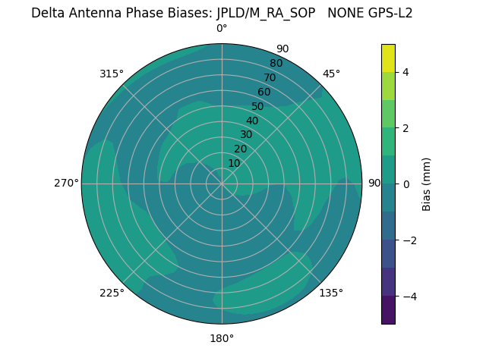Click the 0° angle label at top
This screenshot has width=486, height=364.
[222, 29]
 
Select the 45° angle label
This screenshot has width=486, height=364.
[331, 74]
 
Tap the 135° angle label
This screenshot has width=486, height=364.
[331, 293]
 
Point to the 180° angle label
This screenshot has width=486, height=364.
[222, 338]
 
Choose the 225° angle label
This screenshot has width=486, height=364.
[112, 293]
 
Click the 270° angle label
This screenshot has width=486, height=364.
[66, 183]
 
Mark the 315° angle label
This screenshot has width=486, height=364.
[112, 74]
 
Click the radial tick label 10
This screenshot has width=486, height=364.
[234, 163]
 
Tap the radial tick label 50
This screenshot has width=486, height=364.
[257, 106]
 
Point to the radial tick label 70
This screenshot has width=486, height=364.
[270, 77]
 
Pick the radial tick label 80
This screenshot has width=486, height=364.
[276, 63]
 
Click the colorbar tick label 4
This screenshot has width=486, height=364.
[406, 72]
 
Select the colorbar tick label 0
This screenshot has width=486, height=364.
[406, 184]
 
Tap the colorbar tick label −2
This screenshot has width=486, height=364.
[408, 240]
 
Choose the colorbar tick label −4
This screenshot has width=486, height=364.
[408, 296]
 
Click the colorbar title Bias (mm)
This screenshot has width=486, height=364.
[427, 184]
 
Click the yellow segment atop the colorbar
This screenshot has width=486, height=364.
[388, 58]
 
